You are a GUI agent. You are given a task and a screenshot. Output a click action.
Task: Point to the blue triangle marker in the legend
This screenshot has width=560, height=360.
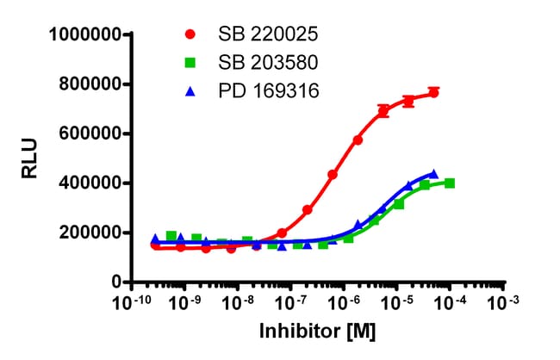[190, 89]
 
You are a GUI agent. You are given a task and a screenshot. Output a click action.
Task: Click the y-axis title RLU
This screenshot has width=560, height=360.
[28, 158]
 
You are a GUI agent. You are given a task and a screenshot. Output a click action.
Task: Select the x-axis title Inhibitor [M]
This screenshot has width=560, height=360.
[317, 332]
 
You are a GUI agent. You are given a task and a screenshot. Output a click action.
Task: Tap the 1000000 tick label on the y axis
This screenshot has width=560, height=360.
[84, 34]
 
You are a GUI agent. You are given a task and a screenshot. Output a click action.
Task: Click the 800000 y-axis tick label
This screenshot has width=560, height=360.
[90, 84]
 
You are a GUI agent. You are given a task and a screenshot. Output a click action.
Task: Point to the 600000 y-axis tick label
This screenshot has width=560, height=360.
[90, 133]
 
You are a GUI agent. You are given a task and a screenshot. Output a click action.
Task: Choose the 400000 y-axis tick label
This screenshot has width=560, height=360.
[90, 183]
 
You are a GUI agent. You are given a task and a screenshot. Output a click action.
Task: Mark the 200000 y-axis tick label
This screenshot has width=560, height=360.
[90, 233]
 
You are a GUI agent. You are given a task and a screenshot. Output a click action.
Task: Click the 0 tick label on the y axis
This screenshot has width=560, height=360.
[113, 282]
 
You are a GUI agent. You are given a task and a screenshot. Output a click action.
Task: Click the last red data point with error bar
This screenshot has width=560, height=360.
[433, 92]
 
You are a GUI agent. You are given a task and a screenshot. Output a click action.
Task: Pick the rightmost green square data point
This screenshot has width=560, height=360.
[451, 183]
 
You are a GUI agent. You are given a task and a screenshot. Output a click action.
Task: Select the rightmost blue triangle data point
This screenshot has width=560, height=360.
[433, 174]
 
